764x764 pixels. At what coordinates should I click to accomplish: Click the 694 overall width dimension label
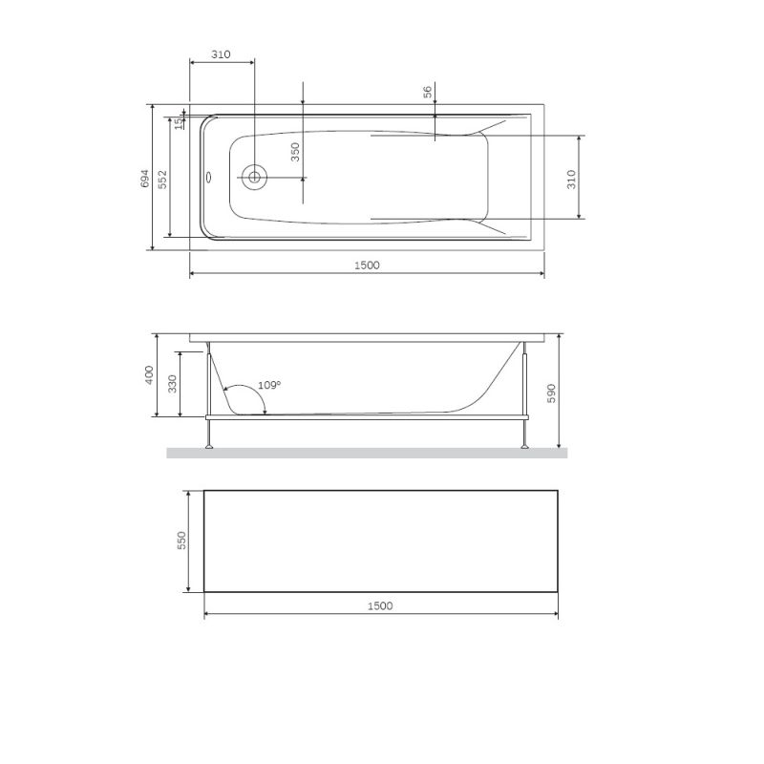(144, 178)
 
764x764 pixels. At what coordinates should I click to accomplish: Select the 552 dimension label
(162, 178)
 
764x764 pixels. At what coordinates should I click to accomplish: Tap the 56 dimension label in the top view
(428, 92)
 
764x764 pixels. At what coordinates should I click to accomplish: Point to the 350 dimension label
(295, 151)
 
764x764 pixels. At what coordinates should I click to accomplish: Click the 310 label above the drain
(222, 55)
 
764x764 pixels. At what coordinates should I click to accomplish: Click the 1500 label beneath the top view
(367, 265)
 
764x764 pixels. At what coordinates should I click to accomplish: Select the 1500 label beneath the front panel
(380, 605)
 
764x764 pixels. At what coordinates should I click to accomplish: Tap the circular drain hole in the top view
(254, 176)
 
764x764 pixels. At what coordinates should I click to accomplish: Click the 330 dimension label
(172, 384)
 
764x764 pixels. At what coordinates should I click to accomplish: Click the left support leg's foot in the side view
(208, 445)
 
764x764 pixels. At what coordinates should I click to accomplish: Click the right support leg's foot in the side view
(524, 445)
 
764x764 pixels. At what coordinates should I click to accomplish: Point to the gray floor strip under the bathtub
(367, 453)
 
